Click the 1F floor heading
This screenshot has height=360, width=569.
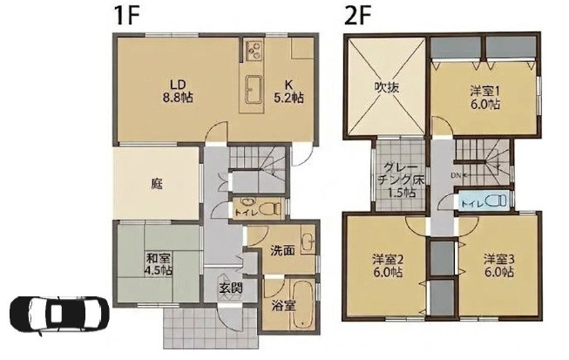pyautogui.click(x=126, y=16)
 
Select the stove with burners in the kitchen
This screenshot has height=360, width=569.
pyautogui.click(x=254, y=51)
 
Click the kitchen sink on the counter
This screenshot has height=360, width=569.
pyautogui.click(x=253, y=89)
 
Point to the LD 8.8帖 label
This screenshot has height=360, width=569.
pyautogui.click(x=178, y=91)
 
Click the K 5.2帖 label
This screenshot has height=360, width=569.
pyautogui.click(x=288, y=91)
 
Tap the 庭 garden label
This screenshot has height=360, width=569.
pyautogui.click(x=157, y=184)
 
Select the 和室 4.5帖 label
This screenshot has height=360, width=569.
pyautogui.click(x=159, y=264)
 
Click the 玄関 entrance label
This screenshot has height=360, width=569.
pyautogui.click(x=230, y=289)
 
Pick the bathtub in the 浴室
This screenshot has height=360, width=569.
pyautogui.click(x=303, y=303)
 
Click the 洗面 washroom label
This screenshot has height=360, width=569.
pyautogui.click(x=282, y=250)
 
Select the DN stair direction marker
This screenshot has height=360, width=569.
pyautogui.click(x=460, y=175)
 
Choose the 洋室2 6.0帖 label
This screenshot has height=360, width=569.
pyautogui.click(x=388, y=266)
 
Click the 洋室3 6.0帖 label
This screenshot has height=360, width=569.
pyautogui.click(x=499, y=266)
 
